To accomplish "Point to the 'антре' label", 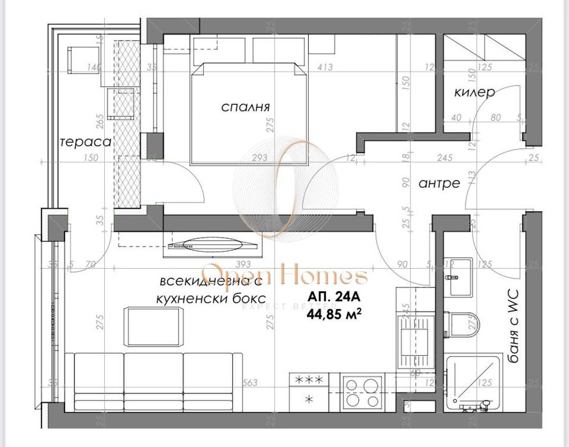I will [439, 183].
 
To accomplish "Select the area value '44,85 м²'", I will [332, 313].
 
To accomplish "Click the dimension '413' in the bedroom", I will [326, 66].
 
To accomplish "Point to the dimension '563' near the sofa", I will [250, 383].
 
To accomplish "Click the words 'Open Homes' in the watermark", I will [284, 277].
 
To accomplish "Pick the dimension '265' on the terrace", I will [100, 120].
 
